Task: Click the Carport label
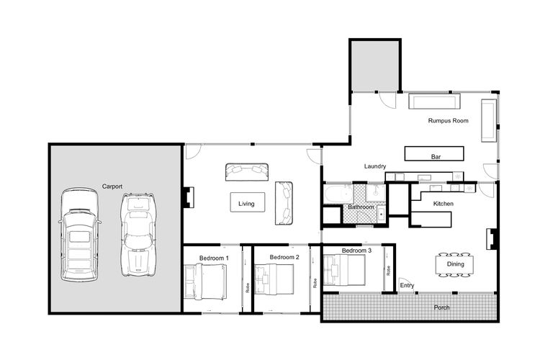(x=112, y=186)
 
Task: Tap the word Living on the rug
(x=246, y=204)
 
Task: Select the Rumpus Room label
(x=448, y=120)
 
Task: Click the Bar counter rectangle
(x=434, y=153)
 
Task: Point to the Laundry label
(x=375, y=166)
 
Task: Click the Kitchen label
(x=444, y=204)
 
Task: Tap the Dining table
(x=454, y=264)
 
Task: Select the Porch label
(x=441, y=307)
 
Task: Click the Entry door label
(x=407, y=285)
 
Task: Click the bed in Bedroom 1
(x=206, y=281)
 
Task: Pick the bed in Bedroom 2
(x=274, y=279)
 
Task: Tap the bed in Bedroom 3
(x=344, y=270)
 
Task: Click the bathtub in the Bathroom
(x=338, y=194)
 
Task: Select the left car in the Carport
(x=79, y=235)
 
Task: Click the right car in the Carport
(x=138, y=235)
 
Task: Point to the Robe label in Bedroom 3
(x=389, y=271)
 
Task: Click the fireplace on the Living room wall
(x=188, y=197)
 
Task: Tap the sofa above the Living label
(x=247, y=172)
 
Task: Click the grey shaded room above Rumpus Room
(x=375, y=66)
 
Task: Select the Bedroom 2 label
(x=284, y=257)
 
